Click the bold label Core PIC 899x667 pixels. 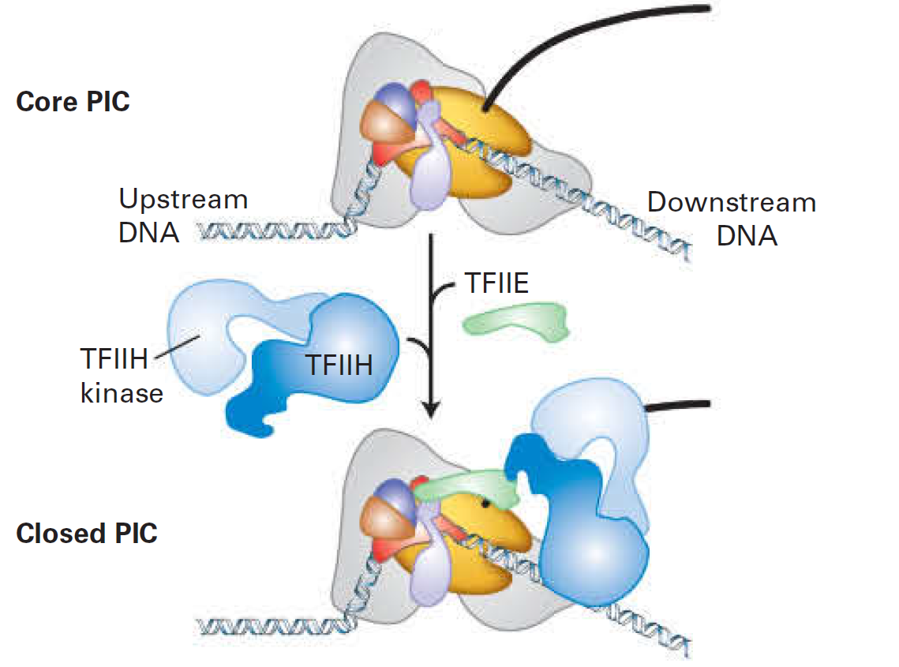tap(73, 102)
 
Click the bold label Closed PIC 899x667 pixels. tap(87, 533)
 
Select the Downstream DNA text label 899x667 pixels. tap(732, 219)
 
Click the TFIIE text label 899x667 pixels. tap(496, 283)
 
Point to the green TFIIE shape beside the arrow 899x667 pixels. tap(517, 324)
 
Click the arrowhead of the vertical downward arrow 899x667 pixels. tap(431, 410)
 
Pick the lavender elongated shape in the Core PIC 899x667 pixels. tap(429, 170)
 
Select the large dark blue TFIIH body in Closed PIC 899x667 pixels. tap(596, 553)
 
